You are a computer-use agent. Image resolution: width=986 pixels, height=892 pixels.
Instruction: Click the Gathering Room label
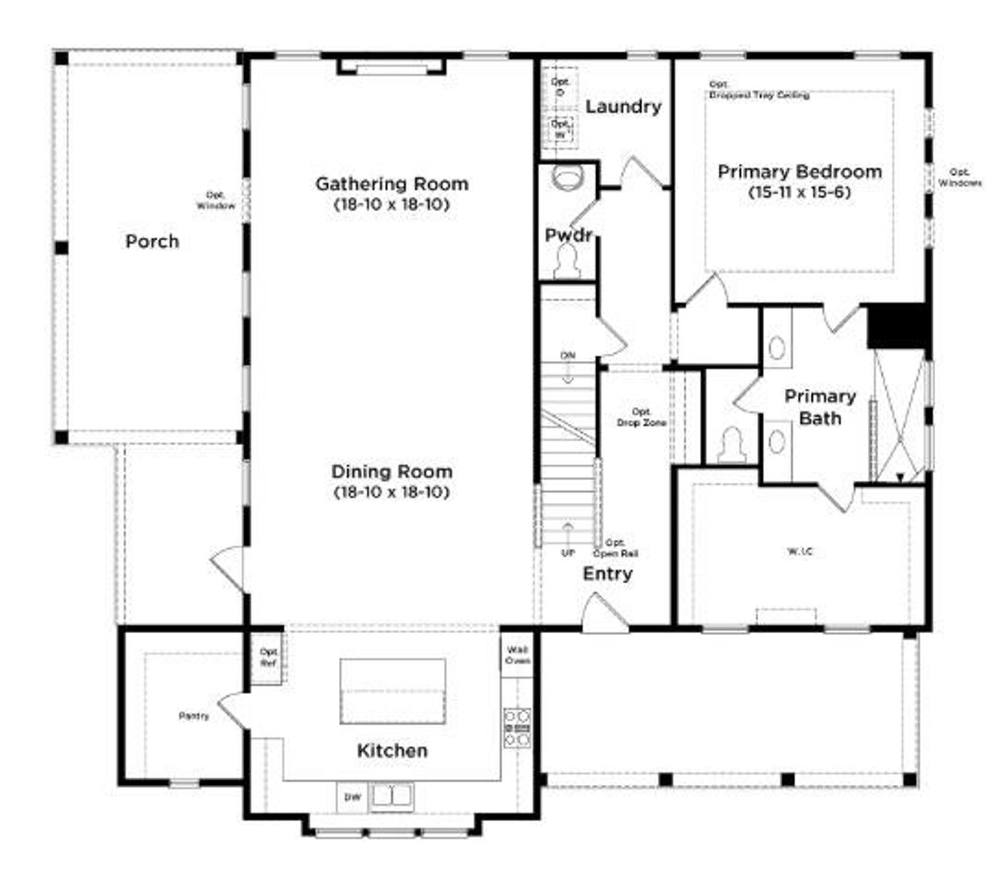click(x=391, y=184)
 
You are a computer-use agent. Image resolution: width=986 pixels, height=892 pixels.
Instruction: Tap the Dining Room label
click(x=391, y=471)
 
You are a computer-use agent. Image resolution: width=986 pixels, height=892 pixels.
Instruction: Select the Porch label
click(x=152, y=242)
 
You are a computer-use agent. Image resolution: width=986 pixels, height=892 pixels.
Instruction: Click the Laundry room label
click(x=622, y=107)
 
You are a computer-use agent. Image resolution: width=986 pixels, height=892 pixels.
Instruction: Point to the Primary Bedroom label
click(x=800, y=172)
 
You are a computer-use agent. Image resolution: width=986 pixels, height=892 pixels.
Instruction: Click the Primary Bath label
click(x=820, y=407)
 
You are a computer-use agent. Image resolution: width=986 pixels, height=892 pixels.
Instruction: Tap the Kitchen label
click(x=392, y=750)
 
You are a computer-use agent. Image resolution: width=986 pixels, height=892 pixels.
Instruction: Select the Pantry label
click(x=193, y=716)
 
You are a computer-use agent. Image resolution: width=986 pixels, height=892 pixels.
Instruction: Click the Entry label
click(x=607, y=574)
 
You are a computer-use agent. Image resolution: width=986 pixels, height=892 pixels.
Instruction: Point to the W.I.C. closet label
click(x=800, y=552)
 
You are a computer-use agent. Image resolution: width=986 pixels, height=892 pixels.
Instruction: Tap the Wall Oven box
click(x=517, y=656)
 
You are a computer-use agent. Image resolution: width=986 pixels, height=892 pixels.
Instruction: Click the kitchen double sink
click(x=393, y=796)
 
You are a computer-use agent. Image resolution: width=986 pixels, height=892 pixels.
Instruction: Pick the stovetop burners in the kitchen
click(x=517, y=728)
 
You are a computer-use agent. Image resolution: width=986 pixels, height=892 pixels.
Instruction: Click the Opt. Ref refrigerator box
click(x=268, y=657)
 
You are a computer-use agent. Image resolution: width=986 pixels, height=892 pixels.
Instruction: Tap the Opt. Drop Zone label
click(x=641, y=417)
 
